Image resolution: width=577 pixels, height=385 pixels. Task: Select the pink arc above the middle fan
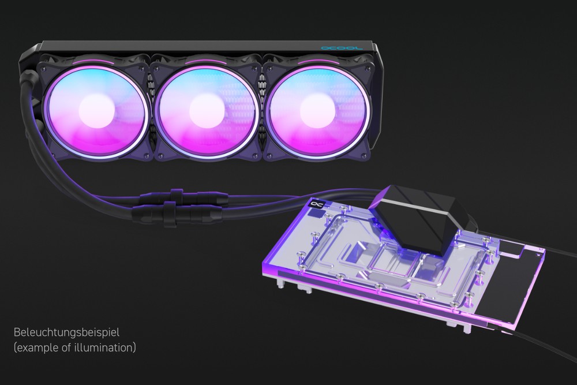point(205,59)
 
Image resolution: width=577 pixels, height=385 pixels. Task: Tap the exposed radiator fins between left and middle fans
point(151,110)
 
